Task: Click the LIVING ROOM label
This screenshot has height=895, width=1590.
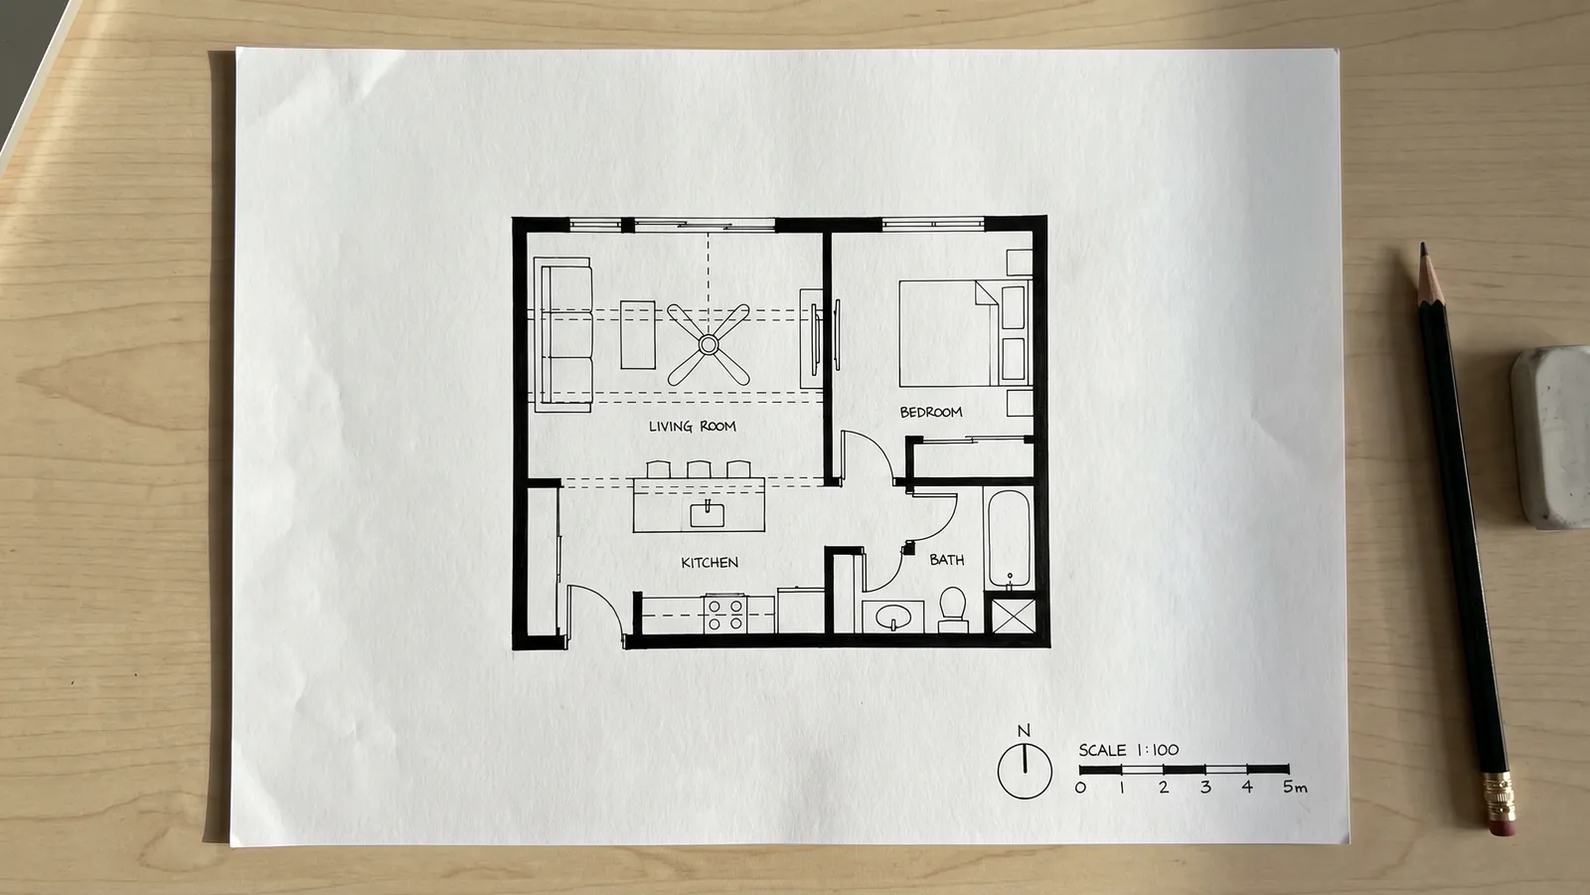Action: point(692,427)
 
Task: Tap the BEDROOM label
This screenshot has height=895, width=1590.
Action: point(931,412)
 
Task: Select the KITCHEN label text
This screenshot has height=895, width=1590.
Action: point(710,563)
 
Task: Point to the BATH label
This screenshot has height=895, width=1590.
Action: point(947,560)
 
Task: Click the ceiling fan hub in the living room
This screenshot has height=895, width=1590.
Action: point(709,344)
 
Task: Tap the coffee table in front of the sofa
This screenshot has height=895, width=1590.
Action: point(638,334)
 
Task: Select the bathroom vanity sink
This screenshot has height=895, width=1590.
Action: point(893,617)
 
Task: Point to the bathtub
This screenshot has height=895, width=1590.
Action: point(1009,538)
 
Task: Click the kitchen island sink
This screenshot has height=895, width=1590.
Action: point(707,513)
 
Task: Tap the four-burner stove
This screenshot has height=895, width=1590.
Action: point(725,615)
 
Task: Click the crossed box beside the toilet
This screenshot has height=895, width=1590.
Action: point(1014,616)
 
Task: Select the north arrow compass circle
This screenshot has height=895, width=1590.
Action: point(1025,772)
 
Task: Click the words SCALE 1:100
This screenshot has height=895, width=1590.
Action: point(1129,750)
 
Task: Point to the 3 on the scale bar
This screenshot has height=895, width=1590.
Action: point(1205,787)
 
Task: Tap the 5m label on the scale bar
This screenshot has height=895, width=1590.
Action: point(1295,787)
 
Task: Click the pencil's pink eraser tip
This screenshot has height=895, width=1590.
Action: point(1502,826)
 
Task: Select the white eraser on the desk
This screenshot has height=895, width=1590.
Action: point(1552,437)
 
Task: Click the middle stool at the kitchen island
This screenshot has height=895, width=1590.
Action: point(699,468)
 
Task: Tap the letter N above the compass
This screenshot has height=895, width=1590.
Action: point(1024,731)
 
